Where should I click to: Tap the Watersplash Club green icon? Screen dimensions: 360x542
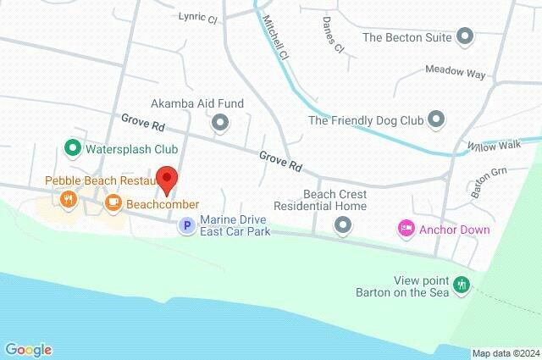click(x=73, y=150)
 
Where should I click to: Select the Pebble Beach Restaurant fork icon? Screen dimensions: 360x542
click(x=68, y=200)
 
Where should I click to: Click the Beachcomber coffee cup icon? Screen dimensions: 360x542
click(x=113, y=202)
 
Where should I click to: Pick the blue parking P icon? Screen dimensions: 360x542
click(x=186, y=224)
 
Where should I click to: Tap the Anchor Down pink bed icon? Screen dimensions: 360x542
click(x=406, y=228)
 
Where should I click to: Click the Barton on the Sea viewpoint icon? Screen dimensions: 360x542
click(x=462, y=285)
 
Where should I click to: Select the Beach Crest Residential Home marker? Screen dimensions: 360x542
click(x=343, y=224)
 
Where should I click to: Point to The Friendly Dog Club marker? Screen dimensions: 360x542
click(x=436, y=119)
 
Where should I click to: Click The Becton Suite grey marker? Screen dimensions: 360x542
click(x=464, y=36)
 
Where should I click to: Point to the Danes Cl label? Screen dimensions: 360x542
click(x=334, y=35)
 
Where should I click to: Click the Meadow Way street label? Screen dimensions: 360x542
click(x=456, y=73)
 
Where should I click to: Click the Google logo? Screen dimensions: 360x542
click(x=28, y=350)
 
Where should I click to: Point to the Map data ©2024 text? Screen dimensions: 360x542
click(x=506, y=353)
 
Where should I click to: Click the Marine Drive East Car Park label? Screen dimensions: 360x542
click(x=235, y=224)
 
